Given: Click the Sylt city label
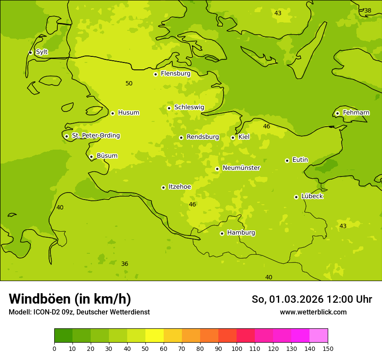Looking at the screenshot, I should [42, 52].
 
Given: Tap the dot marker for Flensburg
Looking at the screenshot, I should [155, 74].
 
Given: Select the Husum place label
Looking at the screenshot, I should [128, 113].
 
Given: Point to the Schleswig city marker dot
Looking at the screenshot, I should [169, 108].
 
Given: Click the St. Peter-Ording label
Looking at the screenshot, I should [95, 136].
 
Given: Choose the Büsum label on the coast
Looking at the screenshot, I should [107, 156].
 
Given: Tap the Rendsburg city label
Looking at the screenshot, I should [203, 137].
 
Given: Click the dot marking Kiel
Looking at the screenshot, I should [233, 137].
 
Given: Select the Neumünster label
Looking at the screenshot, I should [241, 168].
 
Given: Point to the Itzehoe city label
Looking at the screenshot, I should [180, 187].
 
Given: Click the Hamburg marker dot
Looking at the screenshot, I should [222, 233].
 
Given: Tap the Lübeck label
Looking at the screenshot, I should [312, 196].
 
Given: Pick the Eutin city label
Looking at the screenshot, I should [300, 160].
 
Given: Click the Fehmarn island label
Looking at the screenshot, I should [356, 113].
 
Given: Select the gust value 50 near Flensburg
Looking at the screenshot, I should [129, 83].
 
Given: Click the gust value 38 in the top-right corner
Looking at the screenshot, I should [368, 11].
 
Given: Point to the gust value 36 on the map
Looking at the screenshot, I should [125, 264].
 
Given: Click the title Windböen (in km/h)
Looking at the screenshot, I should [70, 299].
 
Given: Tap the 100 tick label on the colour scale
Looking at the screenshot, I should [237, 348].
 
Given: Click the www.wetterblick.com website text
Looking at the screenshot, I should [313, 312].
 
